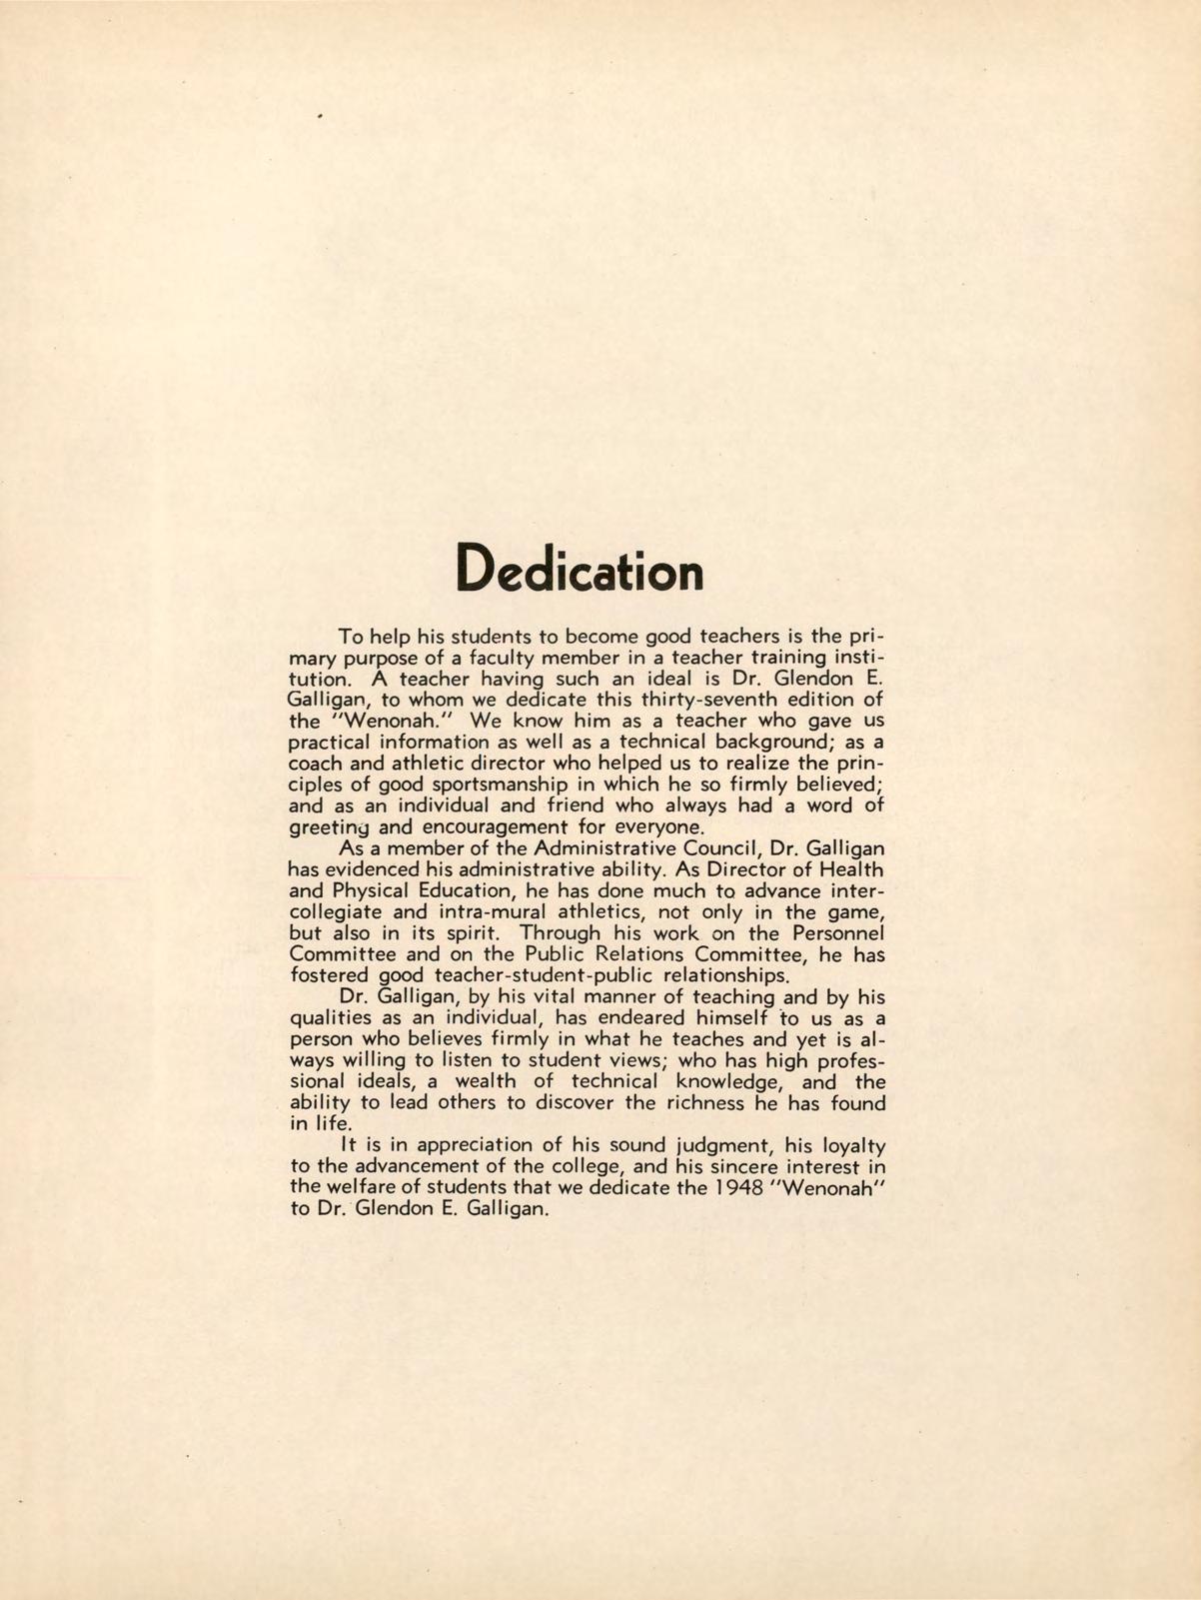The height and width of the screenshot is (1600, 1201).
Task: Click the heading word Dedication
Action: pyautogui.click(x=579, y=572)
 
